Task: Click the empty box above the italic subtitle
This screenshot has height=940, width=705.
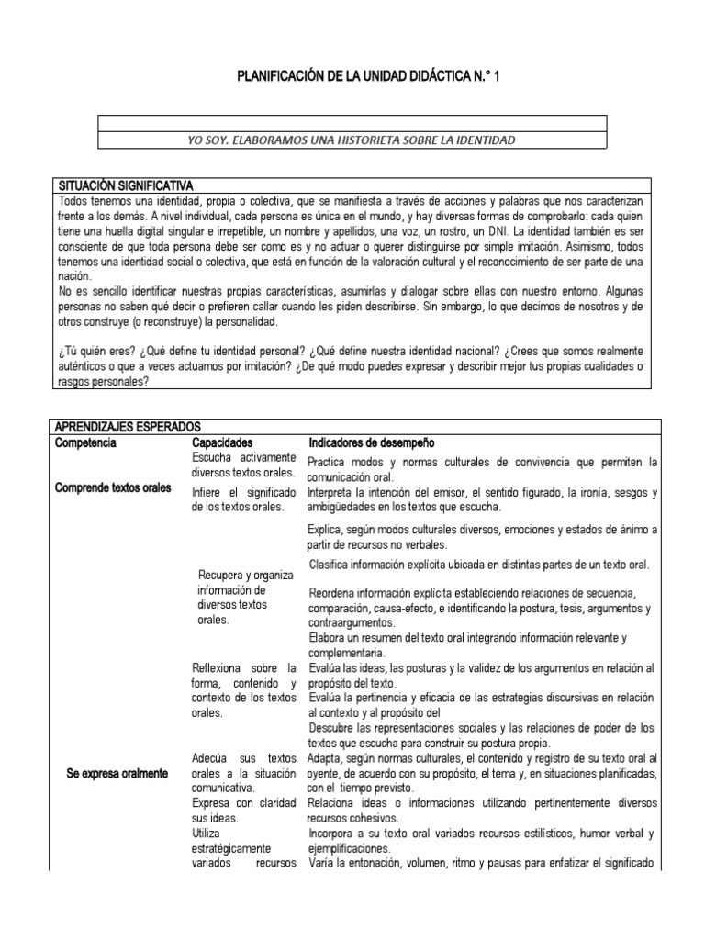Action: (x=352, y=123)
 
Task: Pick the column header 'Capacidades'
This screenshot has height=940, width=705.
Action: (x=222, y=442)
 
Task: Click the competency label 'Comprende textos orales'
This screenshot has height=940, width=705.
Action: (x=113, y=488)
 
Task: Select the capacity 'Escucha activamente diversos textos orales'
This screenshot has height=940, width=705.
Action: (x=244, y=465)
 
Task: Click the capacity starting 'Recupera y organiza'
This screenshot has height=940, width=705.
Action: (x=245, y=598)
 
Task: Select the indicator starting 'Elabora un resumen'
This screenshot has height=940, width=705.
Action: (x=468, y=643)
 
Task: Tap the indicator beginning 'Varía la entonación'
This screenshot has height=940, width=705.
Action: (x=482, y=864)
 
